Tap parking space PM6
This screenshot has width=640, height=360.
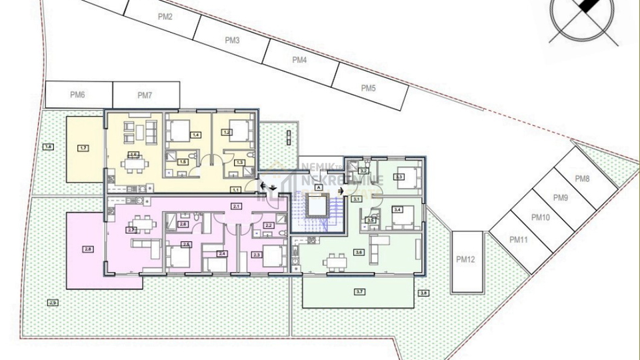click(x=78, y=95)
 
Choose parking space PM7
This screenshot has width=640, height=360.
click(x=145, y=95)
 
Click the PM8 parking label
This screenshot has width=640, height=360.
click(x=582, y=179)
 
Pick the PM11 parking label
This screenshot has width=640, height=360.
click(x=518, y=239)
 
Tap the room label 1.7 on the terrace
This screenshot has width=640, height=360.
click(x=83, y=147)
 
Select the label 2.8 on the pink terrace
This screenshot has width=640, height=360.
click(x=88, y=249)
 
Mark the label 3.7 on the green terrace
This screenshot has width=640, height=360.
click(x=359, y=291)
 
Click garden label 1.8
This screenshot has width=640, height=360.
click(x=47, y=147)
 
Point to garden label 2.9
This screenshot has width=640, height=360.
click(x=53, y=303)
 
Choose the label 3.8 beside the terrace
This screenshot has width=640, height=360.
click(x=423, y=293)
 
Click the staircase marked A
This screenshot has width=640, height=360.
click(x=319, y=189)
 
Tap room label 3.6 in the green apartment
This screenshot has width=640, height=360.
click(x=359, y=252)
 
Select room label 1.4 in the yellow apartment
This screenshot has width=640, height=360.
click(x=195, y=135)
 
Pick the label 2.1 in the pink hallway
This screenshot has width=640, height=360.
click(x=236, y=207)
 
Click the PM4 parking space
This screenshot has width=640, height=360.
click(x=299, y=60)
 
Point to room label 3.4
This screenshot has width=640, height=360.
click(x=398, y=210)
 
